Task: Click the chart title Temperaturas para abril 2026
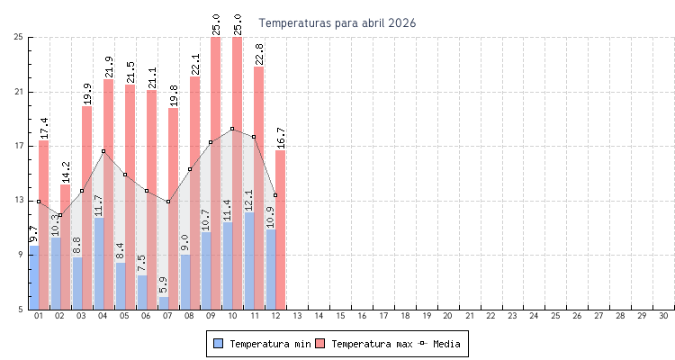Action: [x=337, y=22]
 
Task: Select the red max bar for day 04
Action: [x=109, y=144]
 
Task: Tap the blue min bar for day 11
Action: [x=249, y=261]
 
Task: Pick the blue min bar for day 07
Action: [x=164, y=303]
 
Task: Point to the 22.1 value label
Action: [x=195, y=64]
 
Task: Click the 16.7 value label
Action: [x=281, y=138]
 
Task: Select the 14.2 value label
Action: [x=66, y=172]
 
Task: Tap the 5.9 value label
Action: [x=164, y=285]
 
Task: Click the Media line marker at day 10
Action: [x=232, y=129]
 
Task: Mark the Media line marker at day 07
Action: [x=168, y=202]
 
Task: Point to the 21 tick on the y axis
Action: [x=19, y=92]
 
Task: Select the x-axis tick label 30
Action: [x=663, y=317]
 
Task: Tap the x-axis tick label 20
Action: [x=447, y=317]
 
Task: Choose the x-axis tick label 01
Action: [x=39, y=317]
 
